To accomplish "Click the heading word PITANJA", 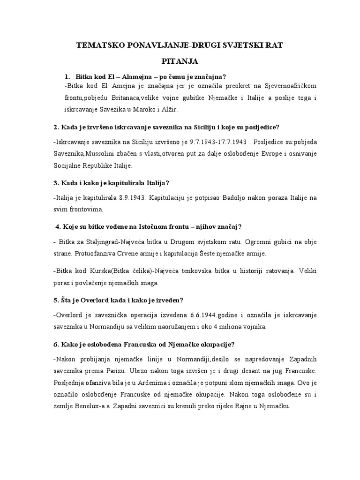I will point(180,61).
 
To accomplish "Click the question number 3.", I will point(55,183).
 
